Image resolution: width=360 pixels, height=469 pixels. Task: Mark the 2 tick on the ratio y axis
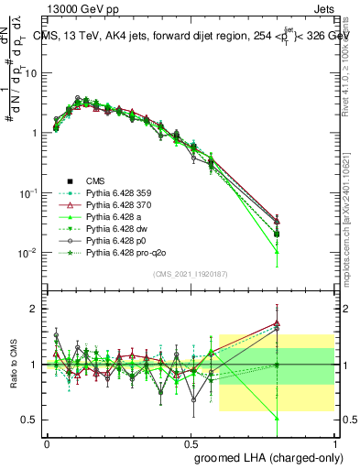coord(33,309)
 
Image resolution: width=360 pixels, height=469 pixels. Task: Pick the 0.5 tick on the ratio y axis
coord(29,420)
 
